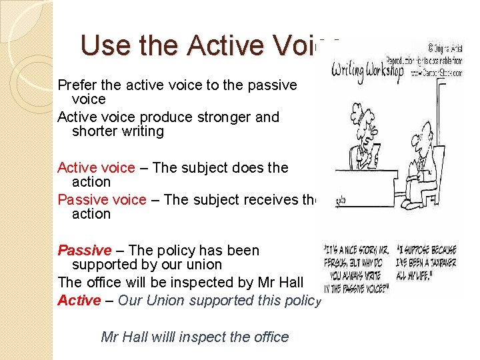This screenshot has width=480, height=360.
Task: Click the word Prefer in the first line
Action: click(75, 85)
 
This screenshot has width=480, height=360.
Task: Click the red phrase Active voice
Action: click(96, 167)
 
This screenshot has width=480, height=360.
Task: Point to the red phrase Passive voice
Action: click(101, 199)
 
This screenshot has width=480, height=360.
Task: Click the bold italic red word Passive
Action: click(85, 251)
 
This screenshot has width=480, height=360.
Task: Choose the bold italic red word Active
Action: click(79, 300)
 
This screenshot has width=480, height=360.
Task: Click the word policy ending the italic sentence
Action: click(301, 300)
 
